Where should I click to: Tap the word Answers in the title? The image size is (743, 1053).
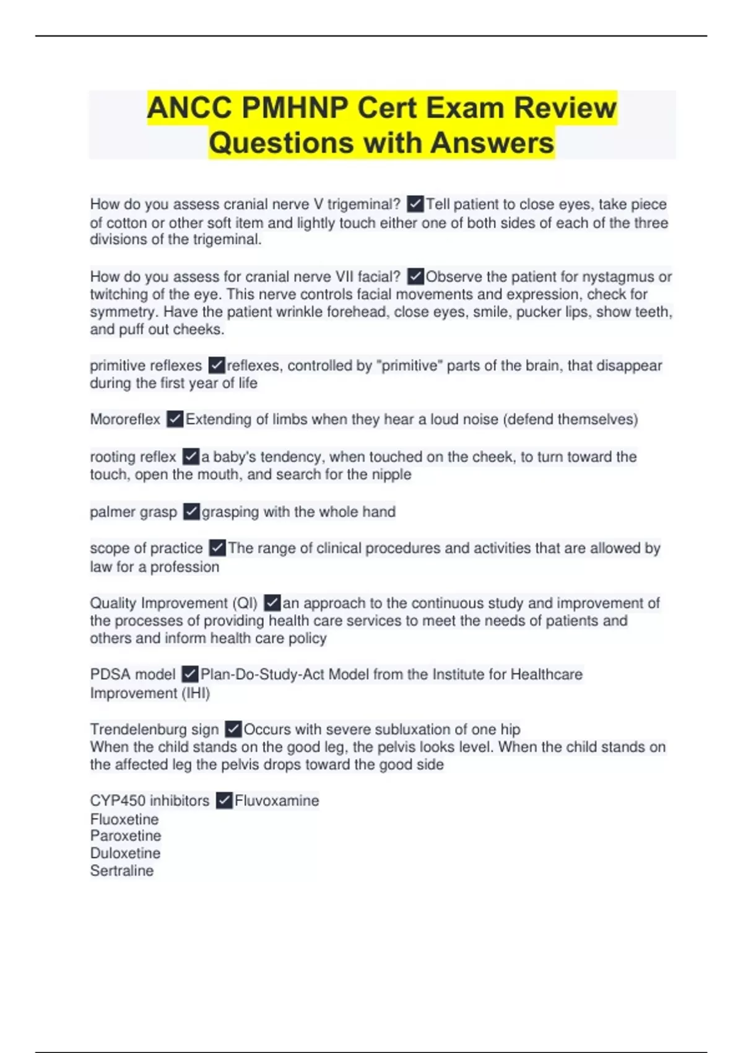[x=492, y=143]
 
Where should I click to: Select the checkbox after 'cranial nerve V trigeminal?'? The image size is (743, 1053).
[x=415, y=204]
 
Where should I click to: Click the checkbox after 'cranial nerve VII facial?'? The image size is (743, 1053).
[x=415, y=276]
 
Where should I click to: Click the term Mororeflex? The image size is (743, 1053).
[x=125, y=419]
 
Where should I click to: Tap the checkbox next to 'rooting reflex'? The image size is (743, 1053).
[x=191, y=457]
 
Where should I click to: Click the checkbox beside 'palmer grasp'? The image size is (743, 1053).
[x=191, y=512]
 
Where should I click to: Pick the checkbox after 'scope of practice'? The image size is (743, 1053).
[x=217, y=548]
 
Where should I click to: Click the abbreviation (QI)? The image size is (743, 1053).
[x=245, y=603]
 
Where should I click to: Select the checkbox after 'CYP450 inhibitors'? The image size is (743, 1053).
[x=224, y=801]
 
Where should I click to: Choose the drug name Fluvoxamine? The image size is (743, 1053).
[x=277, y=801]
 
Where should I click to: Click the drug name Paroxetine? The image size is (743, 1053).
[x=125, y=836]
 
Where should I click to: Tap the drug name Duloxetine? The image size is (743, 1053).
[x=125, y=853]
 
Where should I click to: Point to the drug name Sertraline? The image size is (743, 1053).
[x=122, y=870]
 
